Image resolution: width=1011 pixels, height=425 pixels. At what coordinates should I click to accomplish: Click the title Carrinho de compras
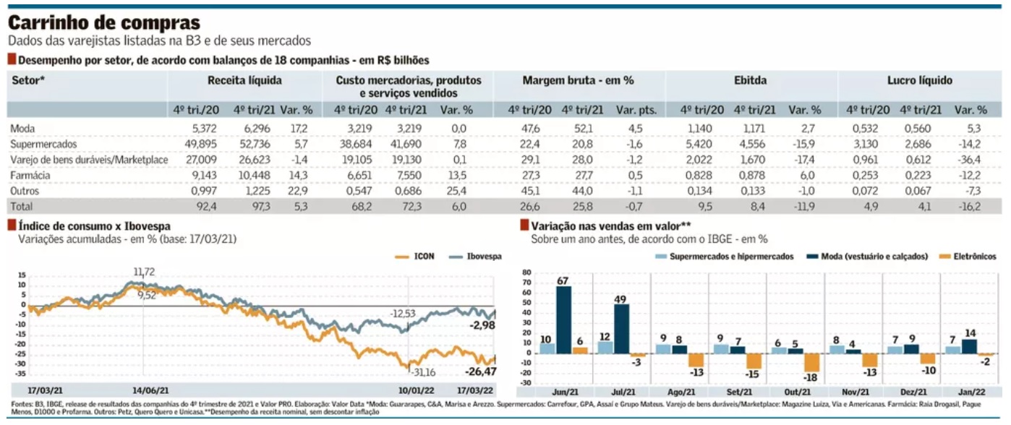tap(104, 22)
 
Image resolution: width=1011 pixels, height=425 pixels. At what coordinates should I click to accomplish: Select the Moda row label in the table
tap(22, 129)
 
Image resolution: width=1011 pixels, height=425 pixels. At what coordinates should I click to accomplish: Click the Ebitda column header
tap(750, 80)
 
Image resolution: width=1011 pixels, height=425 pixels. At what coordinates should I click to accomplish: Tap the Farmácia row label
tap(30, 175)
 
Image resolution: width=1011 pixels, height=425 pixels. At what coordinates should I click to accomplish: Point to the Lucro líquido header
tap(919, 80)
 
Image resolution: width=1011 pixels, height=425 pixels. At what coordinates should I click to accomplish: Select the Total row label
tap(22, 206)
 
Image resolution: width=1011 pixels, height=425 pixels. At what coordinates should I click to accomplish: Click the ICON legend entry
tap(415, 257)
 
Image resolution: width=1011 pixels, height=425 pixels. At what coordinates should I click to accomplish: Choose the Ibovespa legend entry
tap(475, 257)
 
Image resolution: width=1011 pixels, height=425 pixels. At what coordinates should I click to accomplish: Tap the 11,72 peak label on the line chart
tap(144, 272)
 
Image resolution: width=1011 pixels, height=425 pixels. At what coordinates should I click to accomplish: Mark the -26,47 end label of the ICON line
tap(481, 372)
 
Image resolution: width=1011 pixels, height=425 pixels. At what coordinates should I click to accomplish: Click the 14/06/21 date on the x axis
tap(150, 390)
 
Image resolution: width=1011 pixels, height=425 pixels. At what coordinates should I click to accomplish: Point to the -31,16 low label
tap(423, 372)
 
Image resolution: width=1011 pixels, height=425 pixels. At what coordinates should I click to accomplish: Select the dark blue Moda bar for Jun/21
tap(563, 320)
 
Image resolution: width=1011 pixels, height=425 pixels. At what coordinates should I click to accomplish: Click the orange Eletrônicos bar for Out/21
tap(812, 362)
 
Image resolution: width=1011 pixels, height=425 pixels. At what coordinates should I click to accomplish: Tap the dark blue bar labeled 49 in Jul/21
tap(621, 329)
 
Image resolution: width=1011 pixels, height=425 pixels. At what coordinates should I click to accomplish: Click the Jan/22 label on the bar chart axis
tap(972, 392)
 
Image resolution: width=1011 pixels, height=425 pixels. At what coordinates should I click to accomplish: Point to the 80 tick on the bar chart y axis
tap(526, 272)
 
